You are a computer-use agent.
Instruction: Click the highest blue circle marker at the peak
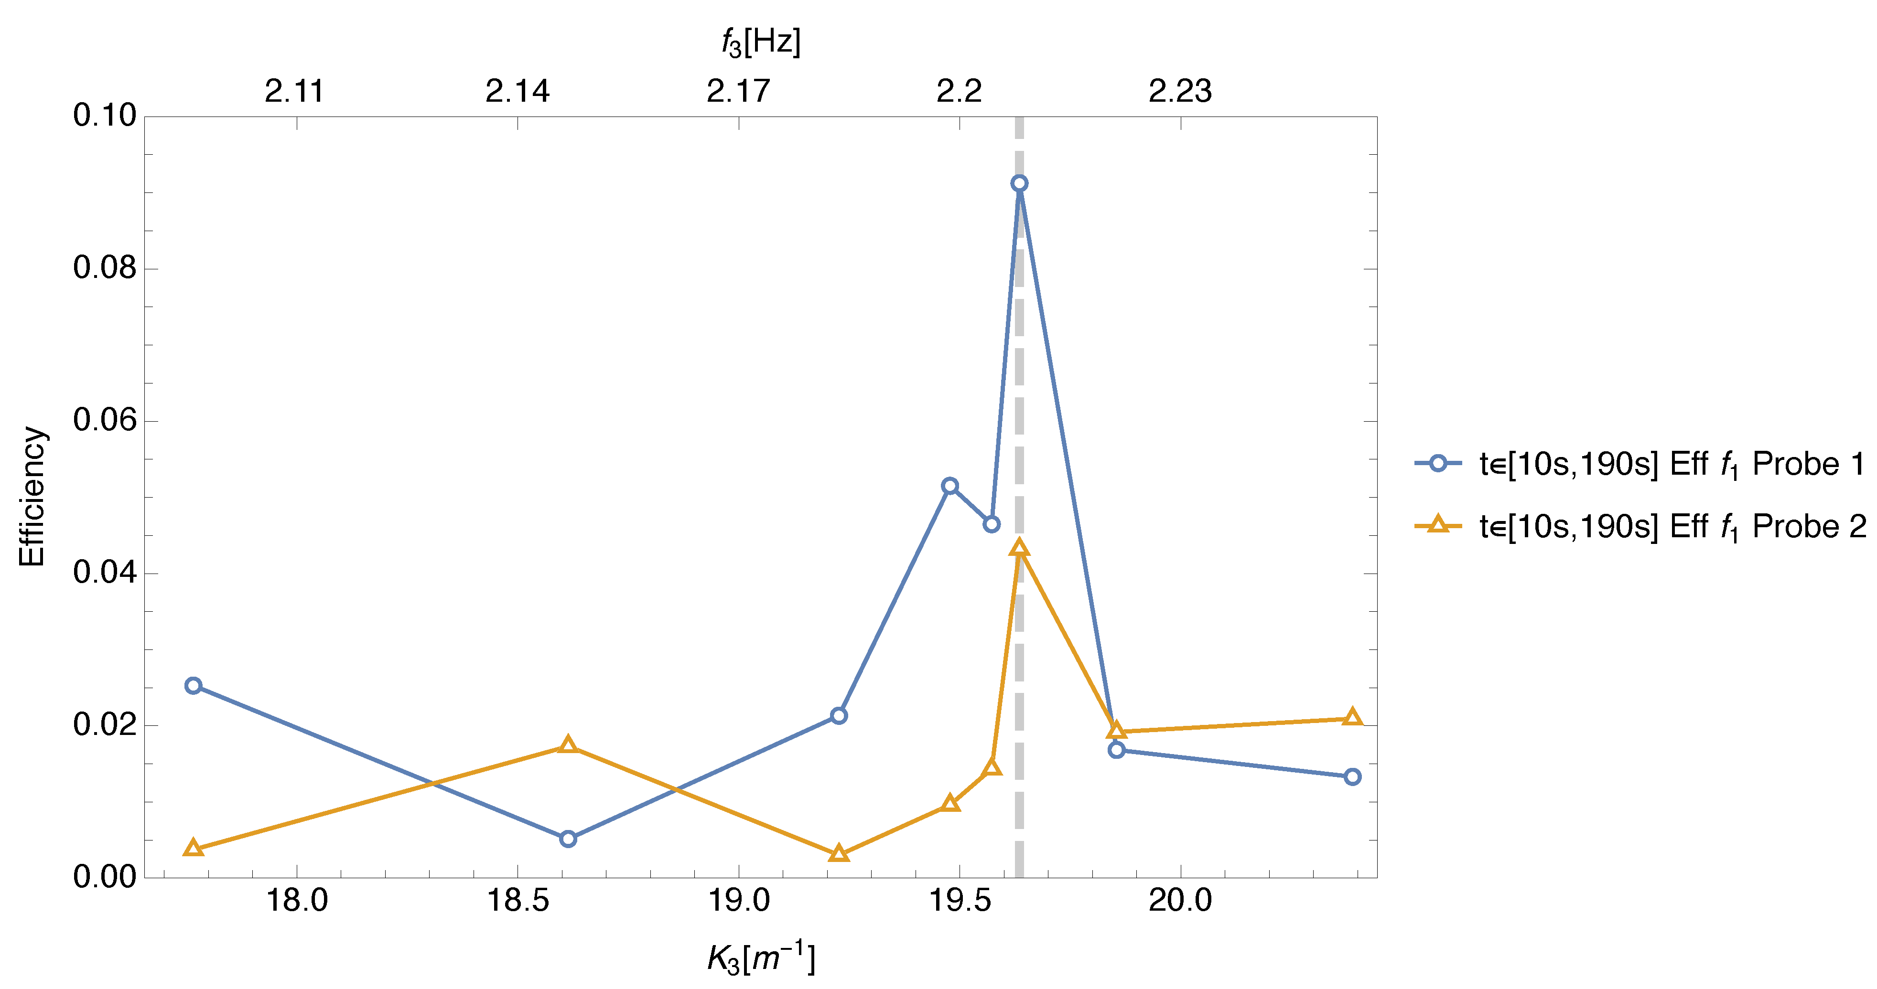point(1019,183)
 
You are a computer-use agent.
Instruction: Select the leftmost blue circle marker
point(193,685)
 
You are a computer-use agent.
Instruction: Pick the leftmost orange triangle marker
point(193,848)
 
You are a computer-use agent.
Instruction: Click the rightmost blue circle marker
point(1352,776)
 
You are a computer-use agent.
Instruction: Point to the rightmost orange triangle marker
point(1352,717)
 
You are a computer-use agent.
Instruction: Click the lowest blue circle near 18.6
point(568,839)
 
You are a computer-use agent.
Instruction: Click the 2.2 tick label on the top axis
point(959,91)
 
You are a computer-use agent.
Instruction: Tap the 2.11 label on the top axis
point(294,91)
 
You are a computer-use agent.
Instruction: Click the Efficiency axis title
point(32,497)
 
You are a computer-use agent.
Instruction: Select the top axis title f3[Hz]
point(761,42)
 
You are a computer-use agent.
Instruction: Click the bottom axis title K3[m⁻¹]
point(761,958)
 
